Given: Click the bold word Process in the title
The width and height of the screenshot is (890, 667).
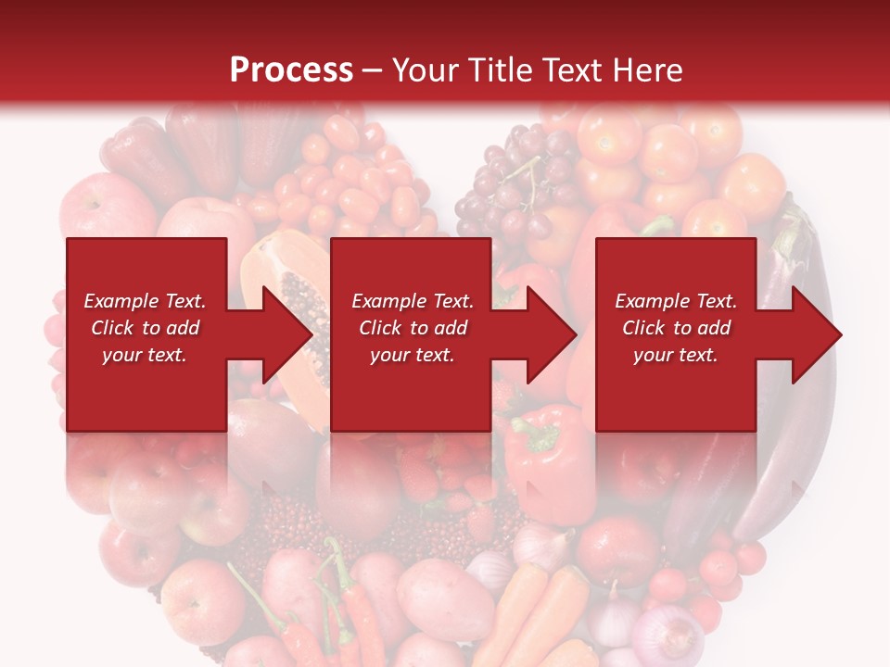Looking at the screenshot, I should (291, 70).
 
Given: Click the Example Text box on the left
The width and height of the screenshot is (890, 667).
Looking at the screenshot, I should (146, 334).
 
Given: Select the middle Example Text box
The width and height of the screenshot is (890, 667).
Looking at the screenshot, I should (411, 334).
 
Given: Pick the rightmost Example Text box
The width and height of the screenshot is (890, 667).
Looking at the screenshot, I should (675, 334).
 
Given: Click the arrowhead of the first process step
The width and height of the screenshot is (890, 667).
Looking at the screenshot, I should (287, 334).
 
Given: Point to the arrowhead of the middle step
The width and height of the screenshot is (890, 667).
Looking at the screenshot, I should (552, 334).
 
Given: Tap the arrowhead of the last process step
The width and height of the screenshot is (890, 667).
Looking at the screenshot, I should (817, 334).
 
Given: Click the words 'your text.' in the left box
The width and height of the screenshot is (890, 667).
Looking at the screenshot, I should (144, 355).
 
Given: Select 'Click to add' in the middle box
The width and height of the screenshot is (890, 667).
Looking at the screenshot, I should (413, 328).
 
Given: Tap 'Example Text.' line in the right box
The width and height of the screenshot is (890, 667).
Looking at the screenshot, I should (676, 301).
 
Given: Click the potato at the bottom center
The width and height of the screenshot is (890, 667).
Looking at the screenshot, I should (445, 598).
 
